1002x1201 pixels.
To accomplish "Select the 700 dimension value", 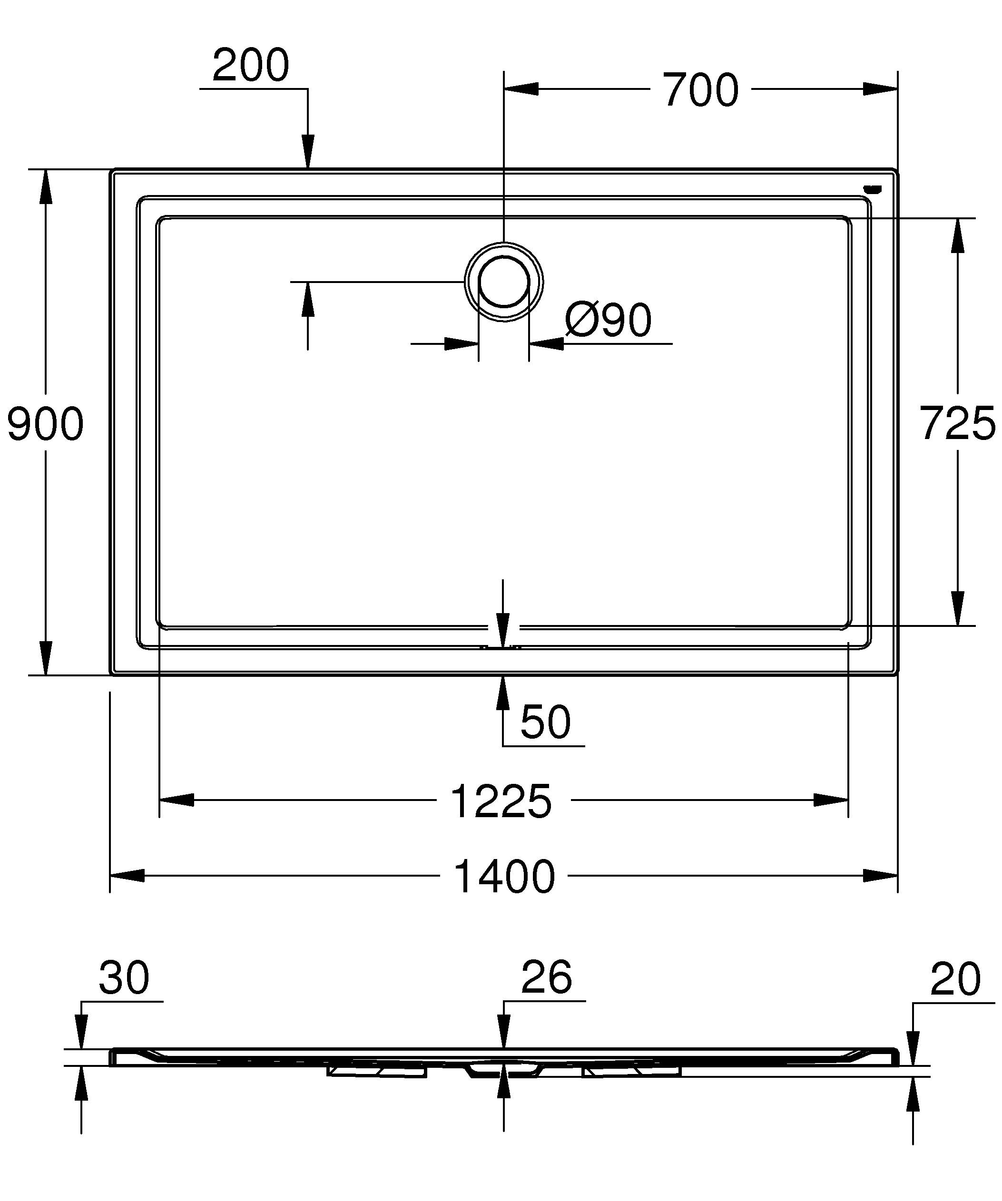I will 701,90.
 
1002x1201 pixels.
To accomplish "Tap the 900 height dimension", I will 46,424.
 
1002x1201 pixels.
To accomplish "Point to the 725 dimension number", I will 958,424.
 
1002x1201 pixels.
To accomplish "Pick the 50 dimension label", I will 545,723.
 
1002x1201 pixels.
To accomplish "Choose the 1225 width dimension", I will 501,802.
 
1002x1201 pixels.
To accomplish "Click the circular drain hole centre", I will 503,282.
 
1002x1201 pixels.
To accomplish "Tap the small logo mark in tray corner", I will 874,189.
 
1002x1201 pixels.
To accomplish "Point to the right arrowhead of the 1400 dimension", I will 881,876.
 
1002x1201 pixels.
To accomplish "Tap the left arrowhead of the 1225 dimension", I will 176,800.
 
